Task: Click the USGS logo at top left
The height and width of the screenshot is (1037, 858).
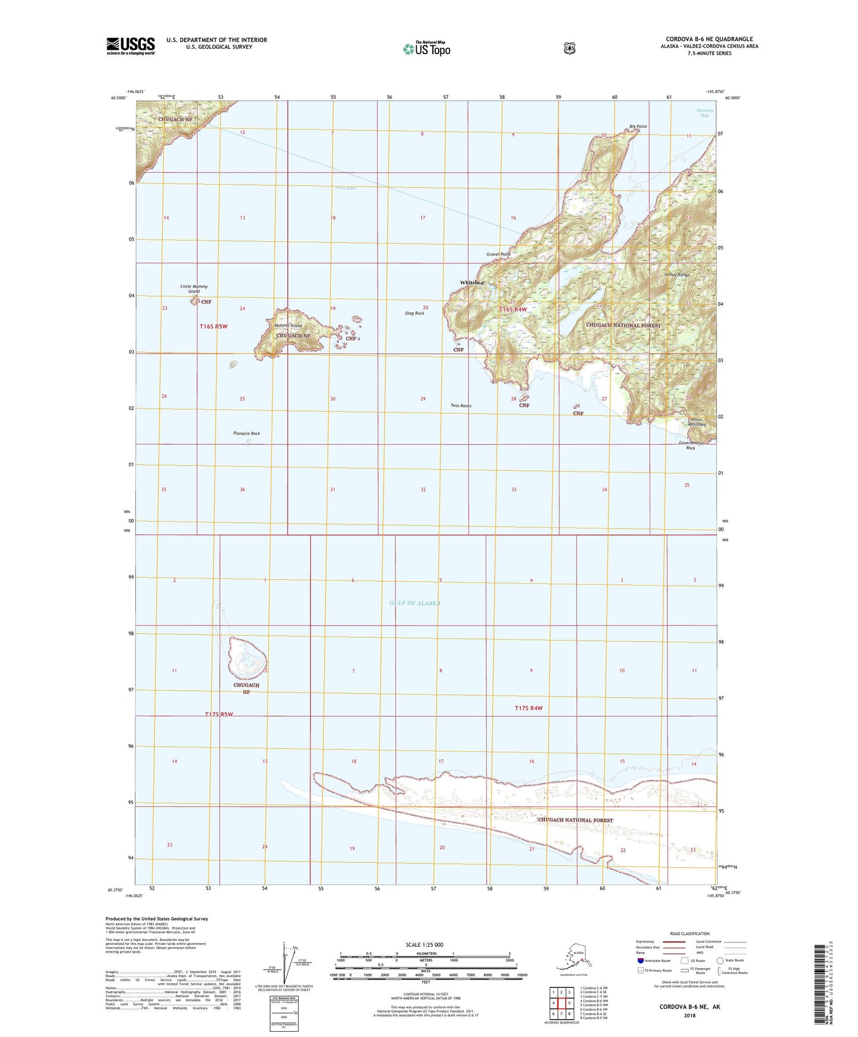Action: (x=131, y=46)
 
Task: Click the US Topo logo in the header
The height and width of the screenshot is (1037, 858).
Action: (x=426, y=48)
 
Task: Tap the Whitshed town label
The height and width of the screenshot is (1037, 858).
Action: (x=471, y=283)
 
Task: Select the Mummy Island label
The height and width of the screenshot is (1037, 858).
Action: (x=288, y=325)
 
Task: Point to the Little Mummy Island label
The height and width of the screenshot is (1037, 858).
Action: (x=194, y=289)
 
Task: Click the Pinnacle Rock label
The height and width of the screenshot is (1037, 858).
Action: (x=246, y=434)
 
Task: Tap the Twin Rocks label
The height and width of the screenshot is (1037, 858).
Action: (x=461, y=406)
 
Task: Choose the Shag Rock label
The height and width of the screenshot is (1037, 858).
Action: (x=414, y=313)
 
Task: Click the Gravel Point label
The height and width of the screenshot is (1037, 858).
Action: (x=499, y=254)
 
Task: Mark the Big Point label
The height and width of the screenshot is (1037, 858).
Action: (x=638, y=127)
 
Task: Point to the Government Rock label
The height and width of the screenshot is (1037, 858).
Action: (x=691, y=445)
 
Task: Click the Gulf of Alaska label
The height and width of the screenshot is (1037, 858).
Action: (x=415, y=603)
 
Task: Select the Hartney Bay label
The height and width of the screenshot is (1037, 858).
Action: (x=705, y=113)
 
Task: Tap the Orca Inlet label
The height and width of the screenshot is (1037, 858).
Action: (x=345, y=188)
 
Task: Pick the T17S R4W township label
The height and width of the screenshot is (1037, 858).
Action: (x=528, y=708)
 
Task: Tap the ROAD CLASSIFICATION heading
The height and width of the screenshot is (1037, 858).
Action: (x=691, y=934)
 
